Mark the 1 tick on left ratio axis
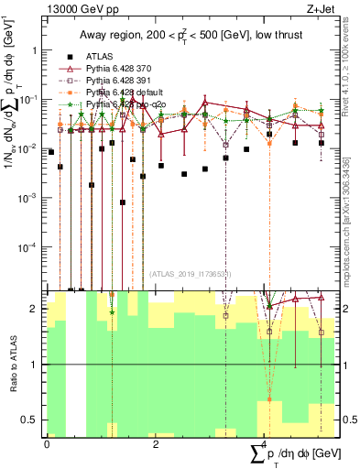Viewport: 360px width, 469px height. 35,365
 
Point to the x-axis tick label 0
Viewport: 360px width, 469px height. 47,444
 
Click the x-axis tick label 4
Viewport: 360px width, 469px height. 265,444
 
